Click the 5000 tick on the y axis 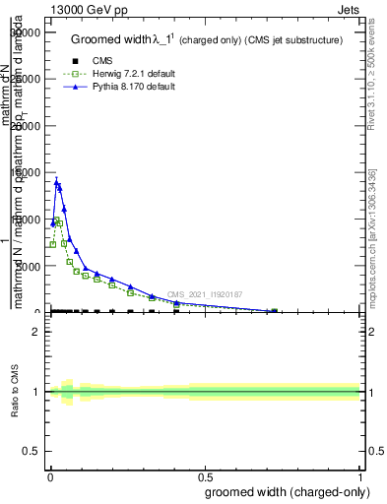pyautogui.click(x=26, y=266)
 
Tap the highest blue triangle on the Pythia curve pyautogui.click(x=56, y=180)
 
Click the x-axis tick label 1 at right pyautogui.click(x=360, y=475)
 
